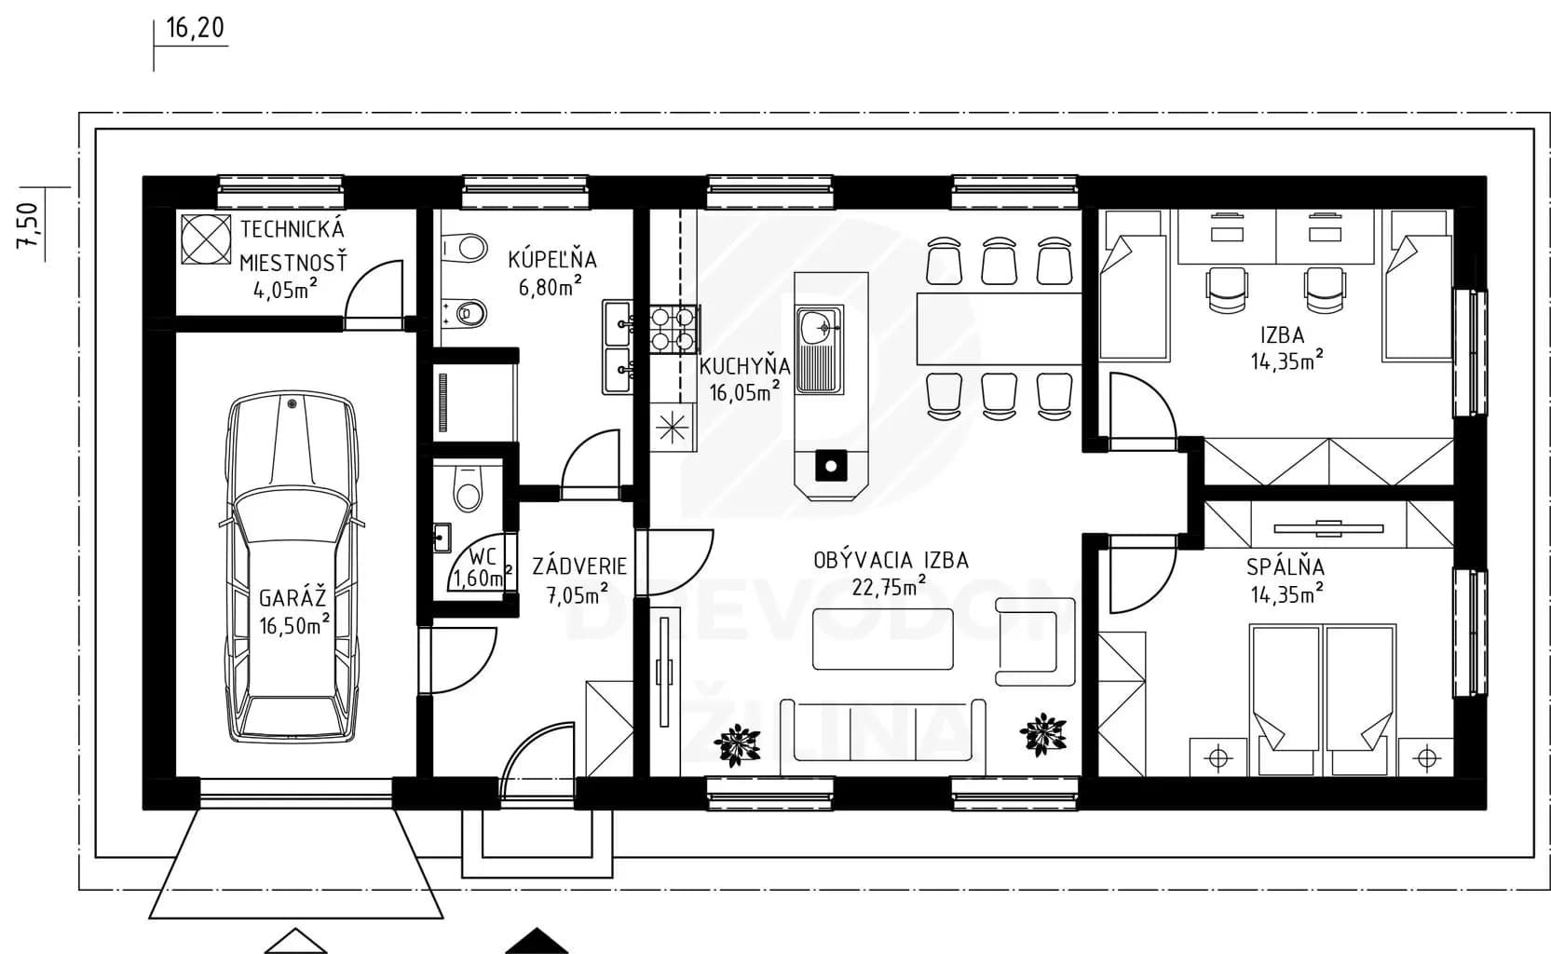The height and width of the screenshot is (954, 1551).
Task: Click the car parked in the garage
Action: tap(293, 566)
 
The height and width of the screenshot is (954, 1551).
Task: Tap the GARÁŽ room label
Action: tap(293, 598)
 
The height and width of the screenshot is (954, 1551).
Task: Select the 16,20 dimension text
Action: tap(196, 28)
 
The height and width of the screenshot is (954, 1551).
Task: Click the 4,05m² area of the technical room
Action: tap(285, 288)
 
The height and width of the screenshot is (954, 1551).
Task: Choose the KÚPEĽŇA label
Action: tap(551, 259)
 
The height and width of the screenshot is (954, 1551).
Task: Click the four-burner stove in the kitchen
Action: tap(673, 329)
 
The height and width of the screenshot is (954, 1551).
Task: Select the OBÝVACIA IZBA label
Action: tap(891, 560)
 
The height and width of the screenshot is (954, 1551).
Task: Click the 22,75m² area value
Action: tap(889, 586)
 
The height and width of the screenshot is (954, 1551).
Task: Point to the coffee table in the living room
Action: tap(882, 638)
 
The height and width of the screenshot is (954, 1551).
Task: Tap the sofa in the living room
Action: tap(882, 737)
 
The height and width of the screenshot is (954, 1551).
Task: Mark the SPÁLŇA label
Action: tap(1286, 567)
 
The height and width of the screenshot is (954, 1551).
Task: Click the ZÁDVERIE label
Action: tap(578, 566)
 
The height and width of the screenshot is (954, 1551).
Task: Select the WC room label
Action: tap(482, 556)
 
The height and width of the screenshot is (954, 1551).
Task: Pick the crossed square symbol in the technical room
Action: tap(207, 239)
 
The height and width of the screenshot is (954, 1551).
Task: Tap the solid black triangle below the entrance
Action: tap(537, 942)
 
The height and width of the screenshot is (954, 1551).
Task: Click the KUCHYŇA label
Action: tap(744, 365)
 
